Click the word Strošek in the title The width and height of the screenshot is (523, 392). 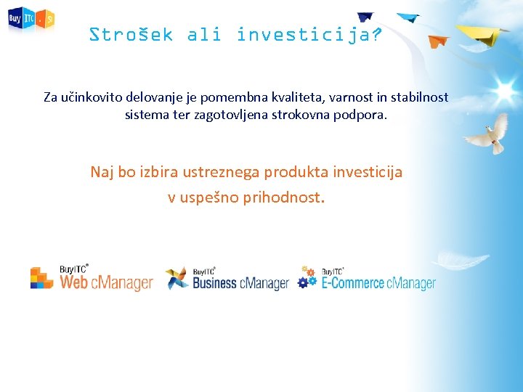pyautogui.click(x=131, y=34)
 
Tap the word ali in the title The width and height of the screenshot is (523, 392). pyautogui.click(x=204, y=34)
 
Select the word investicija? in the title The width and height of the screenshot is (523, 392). pyautogui.click(x=309, y=34)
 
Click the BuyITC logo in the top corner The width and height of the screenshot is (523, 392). pyautogui.click(x=31, y=20)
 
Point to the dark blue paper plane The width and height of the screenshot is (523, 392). pyautogui.click(x=365, y=17)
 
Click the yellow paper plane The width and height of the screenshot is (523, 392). pyautogui.click(x=482, y=33)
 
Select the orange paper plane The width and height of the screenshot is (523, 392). pyautogui.click(x=438, y=41)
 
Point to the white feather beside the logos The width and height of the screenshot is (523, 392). pyautogui.click(x=460, y=259)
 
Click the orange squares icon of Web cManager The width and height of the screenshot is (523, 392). pyautogui.click(x=42, y=277)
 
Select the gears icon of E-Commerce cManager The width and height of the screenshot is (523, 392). pyautogui.click(x=307, y=277)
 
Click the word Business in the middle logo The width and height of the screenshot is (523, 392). pyautogui.click(x=215, y=283)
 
